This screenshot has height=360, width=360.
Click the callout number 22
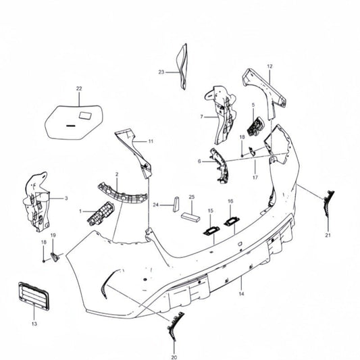(x=79, y=88)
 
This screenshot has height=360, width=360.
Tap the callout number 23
(x=161, y=72)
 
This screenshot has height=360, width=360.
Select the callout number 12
(x=269, y=66)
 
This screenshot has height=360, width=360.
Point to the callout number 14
(x=241, y=294)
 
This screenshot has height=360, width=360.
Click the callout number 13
(x=34, y=324)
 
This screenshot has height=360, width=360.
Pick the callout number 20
(x=174, y=357)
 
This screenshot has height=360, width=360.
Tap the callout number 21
(x=328, y=235)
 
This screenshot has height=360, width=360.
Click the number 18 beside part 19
(x=44, y=242)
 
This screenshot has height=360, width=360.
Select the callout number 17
(x=255, y=178)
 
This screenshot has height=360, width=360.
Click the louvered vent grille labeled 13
(x=34, y=297)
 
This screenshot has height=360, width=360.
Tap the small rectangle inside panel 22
(x=85, y=115)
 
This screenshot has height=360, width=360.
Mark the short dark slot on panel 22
(x=71, y=126)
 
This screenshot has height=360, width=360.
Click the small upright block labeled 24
(x=176, y=205)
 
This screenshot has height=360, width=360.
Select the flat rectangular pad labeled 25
(x=190, y=217)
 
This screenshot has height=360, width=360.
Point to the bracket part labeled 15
(x=211, y=230)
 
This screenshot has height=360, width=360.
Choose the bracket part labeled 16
(x=232, y=222)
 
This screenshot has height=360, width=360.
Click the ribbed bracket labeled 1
(x=101, y=213)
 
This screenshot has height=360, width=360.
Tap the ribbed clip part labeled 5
(x=255, y=126)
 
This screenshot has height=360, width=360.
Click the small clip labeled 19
(x=55, y=257)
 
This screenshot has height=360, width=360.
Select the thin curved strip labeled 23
(x=183, y=67)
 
